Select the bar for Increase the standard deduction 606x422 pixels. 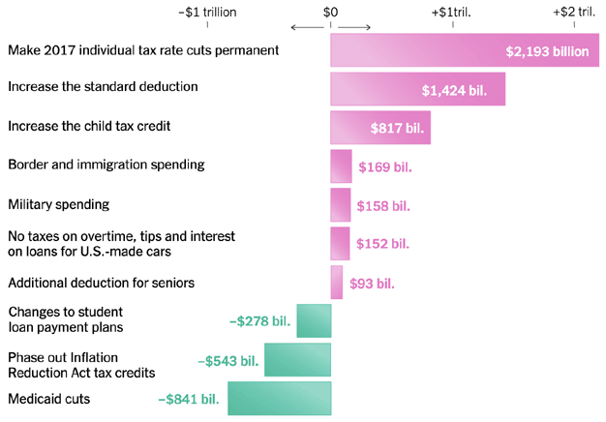click(417, 88)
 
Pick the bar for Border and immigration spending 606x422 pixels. click(341, 166)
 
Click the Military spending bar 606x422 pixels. click(340, 205)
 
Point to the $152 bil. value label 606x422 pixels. click(383, 244)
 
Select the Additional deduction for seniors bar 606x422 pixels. click(336, 283)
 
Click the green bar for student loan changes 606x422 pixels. click(314, 320)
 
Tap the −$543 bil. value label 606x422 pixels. click(227, 360)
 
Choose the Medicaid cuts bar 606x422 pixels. click(279, 398)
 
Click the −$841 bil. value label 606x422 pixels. click(189, 398)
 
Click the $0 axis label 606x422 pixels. click(330, 13)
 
